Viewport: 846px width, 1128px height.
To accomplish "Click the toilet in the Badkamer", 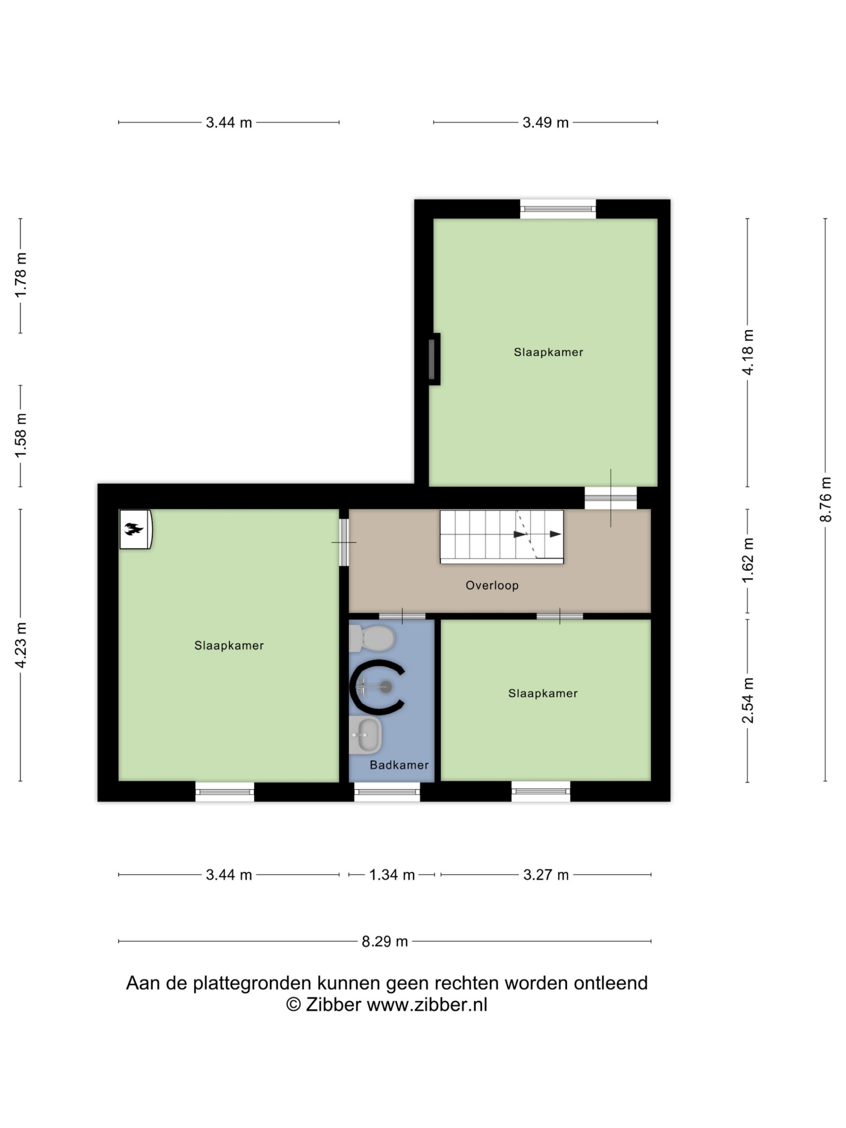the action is (372, 638).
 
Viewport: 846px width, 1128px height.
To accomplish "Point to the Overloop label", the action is (492, 585).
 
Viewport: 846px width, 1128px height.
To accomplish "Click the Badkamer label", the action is (399, 764).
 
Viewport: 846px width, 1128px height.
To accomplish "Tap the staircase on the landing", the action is (502, 536).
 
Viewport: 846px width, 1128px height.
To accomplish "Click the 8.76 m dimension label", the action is (826, 499).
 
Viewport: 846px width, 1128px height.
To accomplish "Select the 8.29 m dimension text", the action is (385, 941).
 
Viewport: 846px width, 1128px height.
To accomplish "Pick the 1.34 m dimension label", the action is (392, 875).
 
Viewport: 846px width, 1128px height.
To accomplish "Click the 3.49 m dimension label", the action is (546, 122).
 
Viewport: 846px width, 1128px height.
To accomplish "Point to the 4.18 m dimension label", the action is (747, 352).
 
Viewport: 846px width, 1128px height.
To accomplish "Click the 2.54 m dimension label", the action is (747, 700).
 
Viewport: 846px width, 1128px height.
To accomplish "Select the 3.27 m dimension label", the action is (546, 875).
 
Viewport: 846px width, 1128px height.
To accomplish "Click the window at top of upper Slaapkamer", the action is (558, 209).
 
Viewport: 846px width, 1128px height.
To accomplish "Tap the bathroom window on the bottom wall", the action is (387, 792).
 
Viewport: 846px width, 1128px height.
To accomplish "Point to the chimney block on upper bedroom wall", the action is (434, 359).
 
